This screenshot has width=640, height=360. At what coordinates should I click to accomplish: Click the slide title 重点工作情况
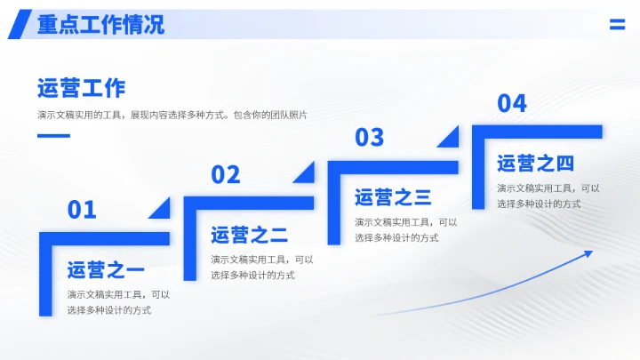[x=100, y=25]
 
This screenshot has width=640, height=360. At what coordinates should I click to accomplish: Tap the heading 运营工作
[x=81, y=88]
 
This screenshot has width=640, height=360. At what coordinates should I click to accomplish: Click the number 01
[x=82, y=210]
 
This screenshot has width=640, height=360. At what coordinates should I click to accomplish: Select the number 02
[x=226, y=174]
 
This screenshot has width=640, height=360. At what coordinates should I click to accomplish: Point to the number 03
[x=369, y=137]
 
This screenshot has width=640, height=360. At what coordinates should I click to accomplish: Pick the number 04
[x=512, y=103]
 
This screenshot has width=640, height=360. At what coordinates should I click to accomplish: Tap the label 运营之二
[x=249, y=236]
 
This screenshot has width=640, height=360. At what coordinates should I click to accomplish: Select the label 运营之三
[x=393, y=197]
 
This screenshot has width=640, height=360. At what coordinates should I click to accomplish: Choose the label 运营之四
[x=535, y=164]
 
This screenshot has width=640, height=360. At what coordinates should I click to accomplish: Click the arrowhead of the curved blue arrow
[x=588, y=255]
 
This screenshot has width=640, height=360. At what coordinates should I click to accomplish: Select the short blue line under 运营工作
[x=53, y=136]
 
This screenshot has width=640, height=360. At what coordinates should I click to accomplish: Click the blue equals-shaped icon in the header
[x=617, y=25]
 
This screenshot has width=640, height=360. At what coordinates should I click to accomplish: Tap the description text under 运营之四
[x=548, y=196]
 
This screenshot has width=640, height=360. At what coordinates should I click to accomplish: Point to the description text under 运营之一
[x=117, y=302]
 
